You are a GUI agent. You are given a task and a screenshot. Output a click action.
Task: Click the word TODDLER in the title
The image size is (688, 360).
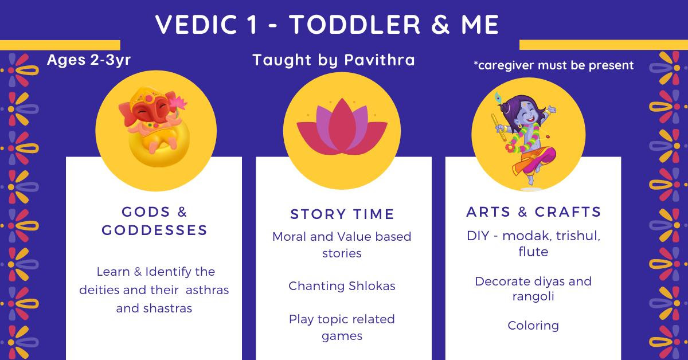tap(355, 25)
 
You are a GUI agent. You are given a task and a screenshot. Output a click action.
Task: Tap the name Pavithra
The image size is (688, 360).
tap(380, 60)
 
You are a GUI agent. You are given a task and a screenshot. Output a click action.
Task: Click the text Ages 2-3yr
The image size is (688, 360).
tap(89, 60)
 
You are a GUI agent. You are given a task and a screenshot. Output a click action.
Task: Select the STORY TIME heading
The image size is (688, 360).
tap(342, 214)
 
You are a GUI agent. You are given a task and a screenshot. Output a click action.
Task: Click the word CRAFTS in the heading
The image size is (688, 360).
tap(568, 212)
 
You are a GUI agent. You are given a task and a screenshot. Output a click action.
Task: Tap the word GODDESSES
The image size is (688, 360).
tap(154, 230)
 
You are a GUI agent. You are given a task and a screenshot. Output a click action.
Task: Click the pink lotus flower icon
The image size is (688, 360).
tap(342, 126)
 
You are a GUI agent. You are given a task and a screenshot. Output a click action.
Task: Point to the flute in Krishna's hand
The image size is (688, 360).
tap(498, 127)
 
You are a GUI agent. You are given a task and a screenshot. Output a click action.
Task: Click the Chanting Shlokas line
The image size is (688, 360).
tap(342, 286)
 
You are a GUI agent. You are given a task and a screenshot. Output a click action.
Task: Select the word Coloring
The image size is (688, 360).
tap(533, 326)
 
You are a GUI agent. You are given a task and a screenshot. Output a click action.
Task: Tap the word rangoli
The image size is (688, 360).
tap(533, 297)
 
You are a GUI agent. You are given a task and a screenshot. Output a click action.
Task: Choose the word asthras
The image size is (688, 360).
tap(208, 290)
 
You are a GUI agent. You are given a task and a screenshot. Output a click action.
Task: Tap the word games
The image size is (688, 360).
tap(342, 336)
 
